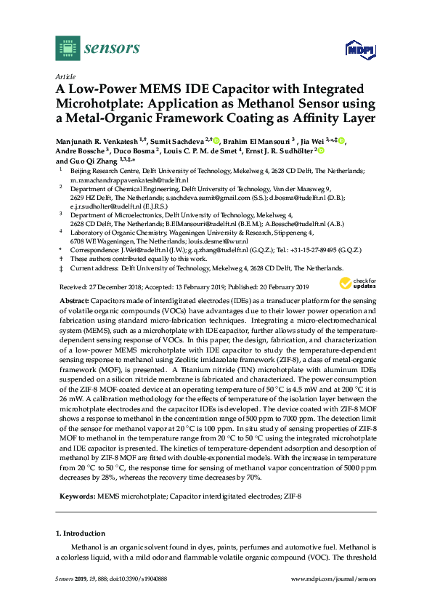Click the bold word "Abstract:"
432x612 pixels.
click(x=73, y=300)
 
